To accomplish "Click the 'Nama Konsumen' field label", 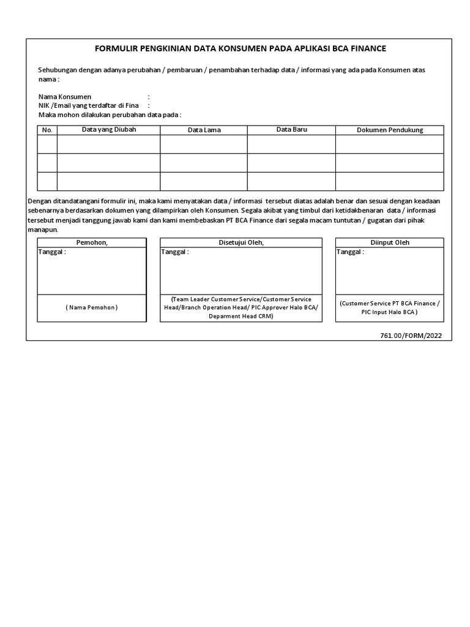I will click(65, 97).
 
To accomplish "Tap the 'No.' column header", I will click(47, 130).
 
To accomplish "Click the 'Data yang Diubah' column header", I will click(109, 129).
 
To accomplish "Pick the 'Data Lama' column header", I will click(204, 130).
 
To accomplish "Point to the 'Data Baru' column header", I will click(291, 129).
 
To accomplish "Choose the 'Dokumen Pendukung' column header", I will click(390, 130).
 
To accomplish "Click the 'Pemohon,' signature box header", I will click(92, 242).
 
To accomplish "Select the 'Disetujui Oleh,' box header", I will click(241, 242).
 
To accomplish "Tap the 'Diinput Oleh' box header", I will click(390, 242).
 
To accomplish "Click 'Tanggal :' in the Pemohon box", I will click(52, 252).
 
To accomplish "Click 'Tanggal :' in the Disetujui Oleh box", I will click(175, 252).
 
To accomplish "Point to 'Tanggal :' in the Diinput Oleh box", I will click(351, 252).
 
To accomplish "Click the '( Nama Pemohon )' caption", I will click(92, 307).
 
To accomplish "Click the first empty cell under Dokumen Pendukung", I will click(390, 144).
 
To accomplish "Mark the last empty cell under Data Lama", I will click(204, 181).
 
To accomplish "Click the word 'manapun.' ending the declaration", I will click(43, 230).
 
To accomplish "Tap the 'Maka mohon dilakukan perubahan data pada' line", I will click(110, 115).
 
